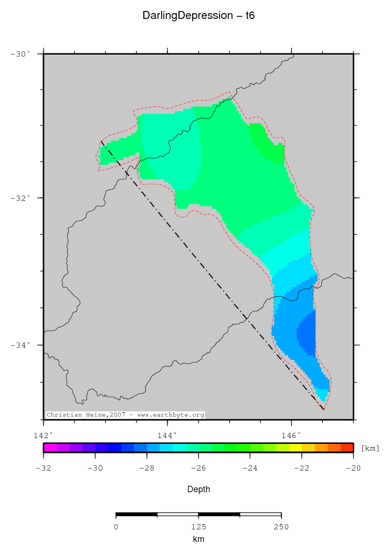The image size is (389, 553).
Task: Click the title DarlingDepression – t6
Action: click(198, 16)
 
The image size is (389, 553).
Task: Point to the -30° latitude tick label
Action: click(22, 54)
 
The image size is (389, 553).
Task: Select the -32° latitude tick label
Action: click(22, 198)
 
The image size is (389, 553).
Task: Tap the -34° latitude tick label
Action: click(22, 345)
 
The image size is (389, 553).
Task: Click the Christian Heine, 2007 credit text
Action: click(125, 415)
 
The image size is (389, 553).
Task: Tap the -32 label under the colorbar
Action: click(43, 468)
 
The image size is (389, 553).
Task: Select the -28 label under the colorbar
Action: click(146, 468)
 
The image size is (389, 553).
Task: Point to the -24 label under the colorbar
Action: click(250, 468)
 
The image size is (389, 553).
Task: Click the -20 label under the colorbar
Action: click(353, 468)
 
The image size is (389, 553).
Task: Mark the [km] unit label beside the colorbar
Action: click(370, 449)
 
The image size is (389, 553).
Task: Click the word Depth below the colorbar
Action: click(198, 489)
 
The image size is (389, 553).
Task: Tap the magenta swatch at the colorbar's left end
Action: click(49, 448)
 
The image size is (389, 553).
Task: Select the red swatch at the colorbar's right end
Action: click(347, 448)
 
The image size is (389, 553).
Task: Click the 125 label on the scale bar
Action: click(198, 527)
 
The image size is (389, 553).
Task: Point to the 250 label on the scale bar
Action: click(281, 527)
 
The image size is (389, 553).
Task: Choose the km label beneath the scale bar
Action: click(198, 539)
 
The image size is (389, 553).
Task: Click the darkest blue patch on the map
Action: click(307, 333)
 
